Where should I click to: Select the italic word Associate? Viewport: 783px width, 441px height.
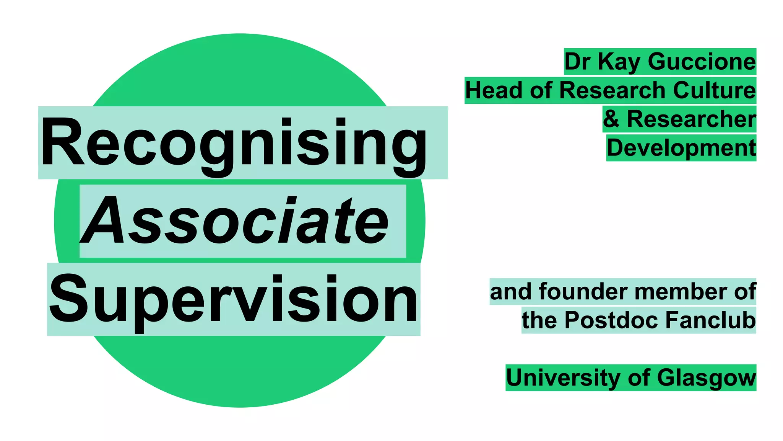[235, 221]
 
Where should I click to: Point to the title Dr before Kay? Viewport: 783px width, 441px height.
[577, 62]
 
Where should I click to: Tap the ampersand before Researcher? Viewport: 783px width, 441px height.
[611, 119]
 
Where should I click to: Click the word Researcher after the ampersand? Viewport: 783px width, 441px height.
[691, 119]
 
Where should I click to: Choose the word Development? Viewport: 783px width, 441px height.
[681, 148]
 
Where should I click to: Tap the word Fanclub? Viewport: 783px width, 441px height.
[711, 320]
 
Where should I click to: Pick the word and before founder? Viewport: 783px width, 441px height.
[511, 292]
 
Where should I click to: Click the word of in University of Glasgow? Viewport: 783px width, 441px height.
[638, 378]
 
